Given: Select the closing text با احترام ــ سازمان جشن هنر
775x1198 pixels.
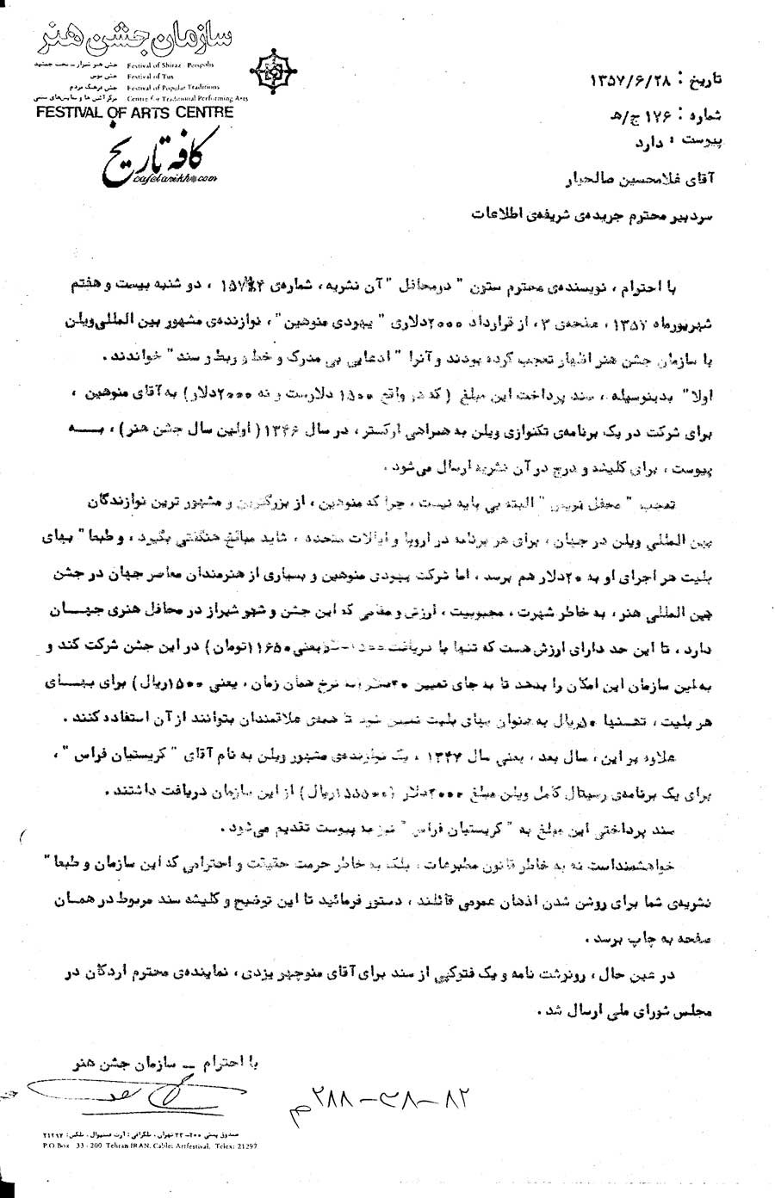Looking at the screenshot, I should pos(164,1061).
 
